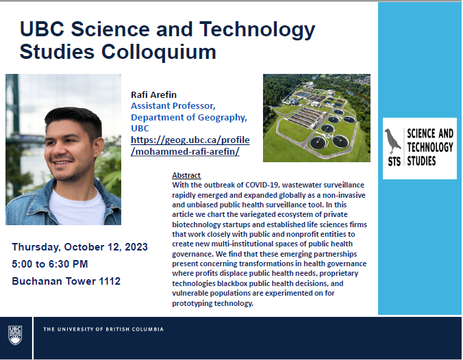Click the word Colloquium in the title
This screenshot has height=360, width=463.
159,52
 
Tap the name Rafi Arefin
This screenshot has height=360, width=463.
153,94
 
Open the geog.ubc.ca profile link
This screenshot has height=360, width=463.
190,146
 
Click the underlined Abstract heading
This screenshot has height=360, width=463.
186,175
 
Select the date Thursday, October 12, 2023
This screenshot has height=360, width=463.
79,247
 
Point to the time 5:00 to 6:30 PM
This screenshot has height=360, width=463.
50,263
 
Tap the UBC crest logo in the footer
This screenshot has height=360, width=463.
15,335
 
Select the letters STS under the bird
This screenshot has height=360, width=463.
395,162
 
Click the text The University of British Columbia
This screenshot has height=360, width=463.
103,329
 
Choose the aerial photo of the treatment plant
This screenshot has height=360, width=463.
316,118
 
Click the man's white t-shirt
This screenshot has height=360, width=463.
77,208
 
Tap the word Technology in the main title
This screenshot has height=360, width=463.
258,30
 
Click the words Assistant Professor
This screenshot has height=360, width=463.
173,105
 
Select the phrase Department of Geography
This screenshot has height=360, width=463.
188,118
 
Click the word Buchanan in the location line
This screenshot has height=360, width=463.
37,281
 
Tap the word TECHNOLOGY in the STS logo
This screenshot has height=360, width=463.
430,147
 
